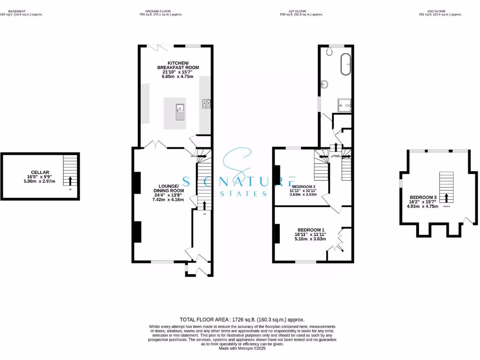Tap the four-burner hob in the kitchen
tap(206, 104)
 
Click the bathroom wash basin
tap(324, 85)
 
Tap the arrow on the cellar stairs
tap(70, 180)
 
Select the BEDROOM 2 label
tap(300, 187)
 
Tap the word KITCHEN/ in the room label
tap(178, 63)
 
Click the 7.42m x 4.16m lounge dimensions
tap(168, 200)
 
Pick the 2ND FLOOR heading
tap(440, 11)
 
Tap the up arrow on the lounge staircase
tap(204, 204)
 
